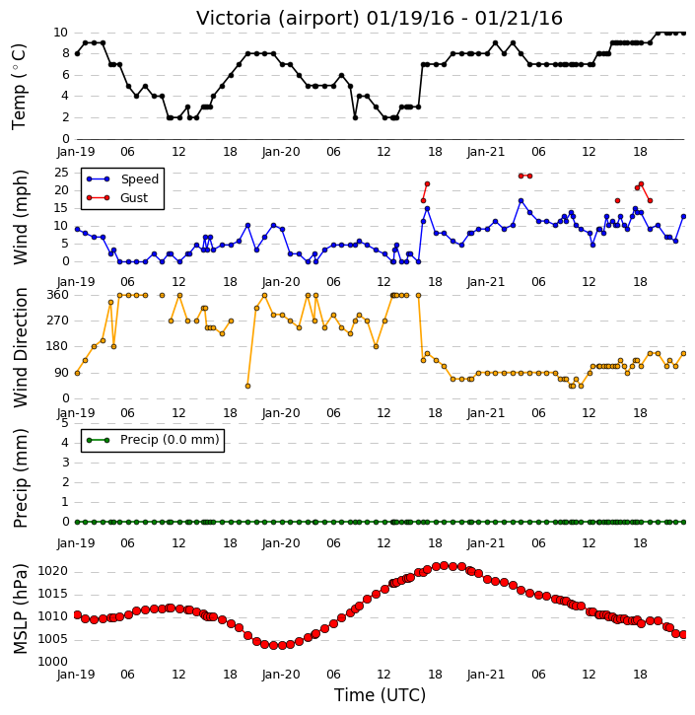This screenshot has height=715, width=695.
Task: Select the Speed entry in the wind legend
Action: [139, 179]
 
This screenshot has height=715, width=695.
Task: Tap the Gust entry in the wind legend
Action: [134, 198]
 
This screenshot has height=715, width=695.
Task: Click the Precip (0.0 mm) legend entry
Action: [170, 440]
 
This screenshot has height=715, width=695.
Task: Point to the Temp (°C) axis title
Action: [19, 87]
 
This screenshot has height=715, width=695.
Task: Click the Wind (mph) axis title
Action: [20, 217]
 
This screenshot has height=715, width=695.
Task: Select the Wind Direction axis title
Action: [20, 347]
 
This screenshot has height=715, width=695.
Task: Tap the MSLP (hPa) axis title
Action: [20, 608]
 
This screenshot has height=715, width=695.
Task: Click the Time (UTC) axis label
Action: [381, 695]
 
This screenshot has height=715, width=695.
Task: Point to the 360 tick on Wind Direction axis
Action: [58, 295]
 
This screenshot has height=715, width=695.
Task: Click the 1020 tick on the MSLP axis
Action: [53, 571]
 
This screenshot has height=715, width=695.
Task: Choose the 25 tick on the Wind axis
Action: [61, 173]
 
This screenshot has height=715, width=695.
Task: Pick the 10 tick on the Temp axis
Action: [60, 33]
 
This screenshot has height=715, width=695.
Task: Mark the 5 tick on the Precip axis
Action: [65, 423]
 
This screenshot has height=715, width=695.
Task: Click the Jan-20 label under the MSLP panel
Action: [281, 675]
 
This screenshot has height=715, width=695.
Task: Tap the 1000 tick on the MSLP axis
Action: [53, 662]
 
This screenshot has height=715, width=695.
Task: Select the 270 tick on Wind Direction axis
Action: [58, 321]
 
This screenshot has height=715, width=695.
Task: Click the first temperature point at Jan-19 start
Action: [78, 54]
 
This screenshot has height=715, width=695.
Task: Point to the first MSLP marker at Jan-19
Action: [78, 615]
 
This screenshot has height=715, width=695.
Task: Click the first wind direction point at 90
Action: [78, 373]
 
